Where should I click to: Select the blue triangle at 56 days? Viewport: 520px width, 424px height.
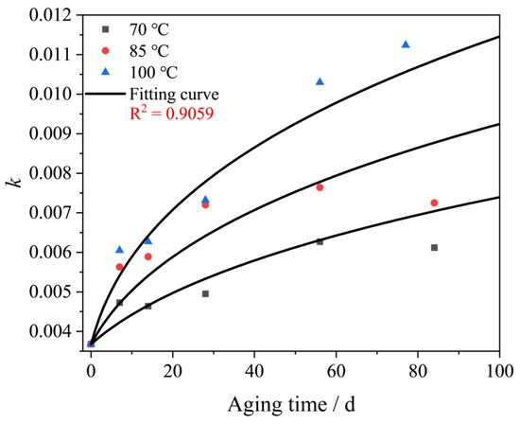(320, 82)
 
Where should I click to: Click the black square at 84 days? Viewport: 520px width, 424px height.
(434, 247)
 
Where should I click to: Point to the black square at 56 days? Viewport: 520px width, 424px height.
(320, 241)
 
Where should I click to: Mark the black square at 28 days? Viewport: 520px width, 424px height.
(205, 293)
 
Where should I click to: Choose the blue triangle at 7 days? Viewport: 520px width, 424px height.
(119, 250)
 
